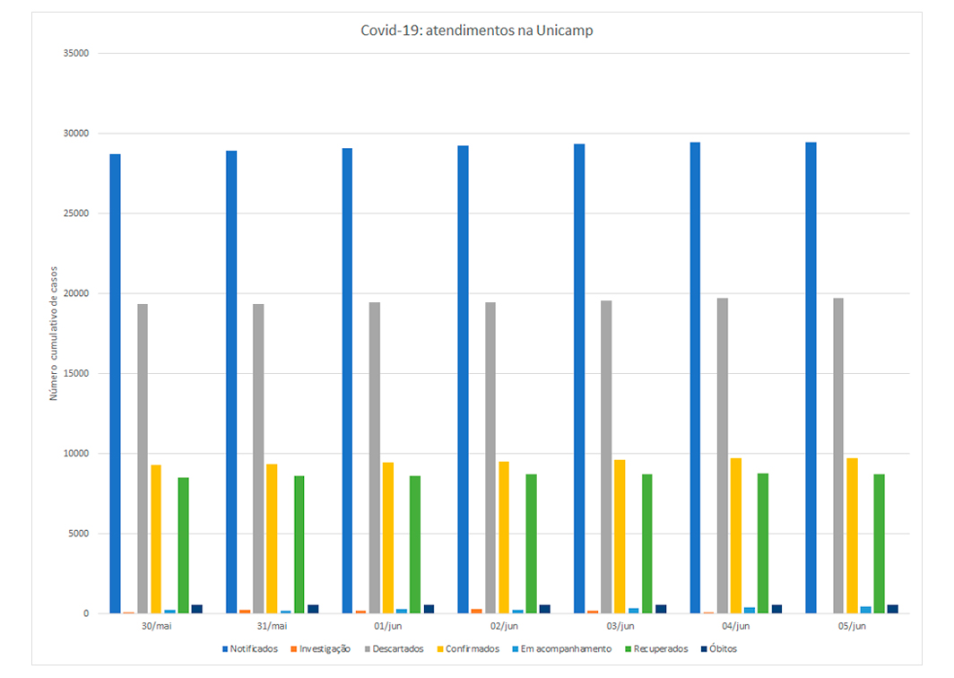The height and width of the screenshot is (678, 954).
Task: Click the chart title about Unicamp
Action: (476, 30)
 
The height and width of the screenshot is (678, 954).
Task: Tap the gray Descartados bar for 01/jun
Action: (374, 457)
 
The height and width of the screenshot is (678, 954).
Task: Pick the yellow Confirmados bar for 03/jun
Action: (620, 536)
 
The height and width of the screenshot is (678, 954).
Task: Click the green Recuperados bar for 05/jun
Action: (879, 543)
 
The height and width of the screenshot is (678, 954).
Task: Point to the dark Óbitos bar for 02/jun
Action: (544, 609)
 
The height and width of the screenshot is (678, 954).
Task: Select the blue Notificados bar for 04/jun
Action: (695, 378)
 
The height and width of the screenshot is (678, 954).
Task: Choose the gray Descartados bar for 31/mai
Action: (258, 458)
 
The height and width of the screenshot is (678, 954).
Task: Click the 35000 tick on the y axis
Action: (74, 54)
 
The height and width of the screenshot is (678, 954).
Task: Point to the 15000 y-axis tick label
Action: (74, 374)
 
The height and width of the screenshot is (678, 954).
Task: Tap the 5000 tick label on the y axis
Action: (77, 535)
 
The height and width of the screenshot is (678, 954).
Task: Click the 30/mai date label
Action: (156, 626)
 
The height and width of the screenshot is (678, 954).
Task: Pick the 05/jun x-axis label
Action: (852, 626)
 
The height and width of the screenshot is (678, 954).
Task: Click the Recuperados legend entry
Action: (657, 648)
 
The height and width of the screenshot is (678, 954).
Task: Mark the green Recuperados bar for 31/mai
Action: (299, 544)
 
